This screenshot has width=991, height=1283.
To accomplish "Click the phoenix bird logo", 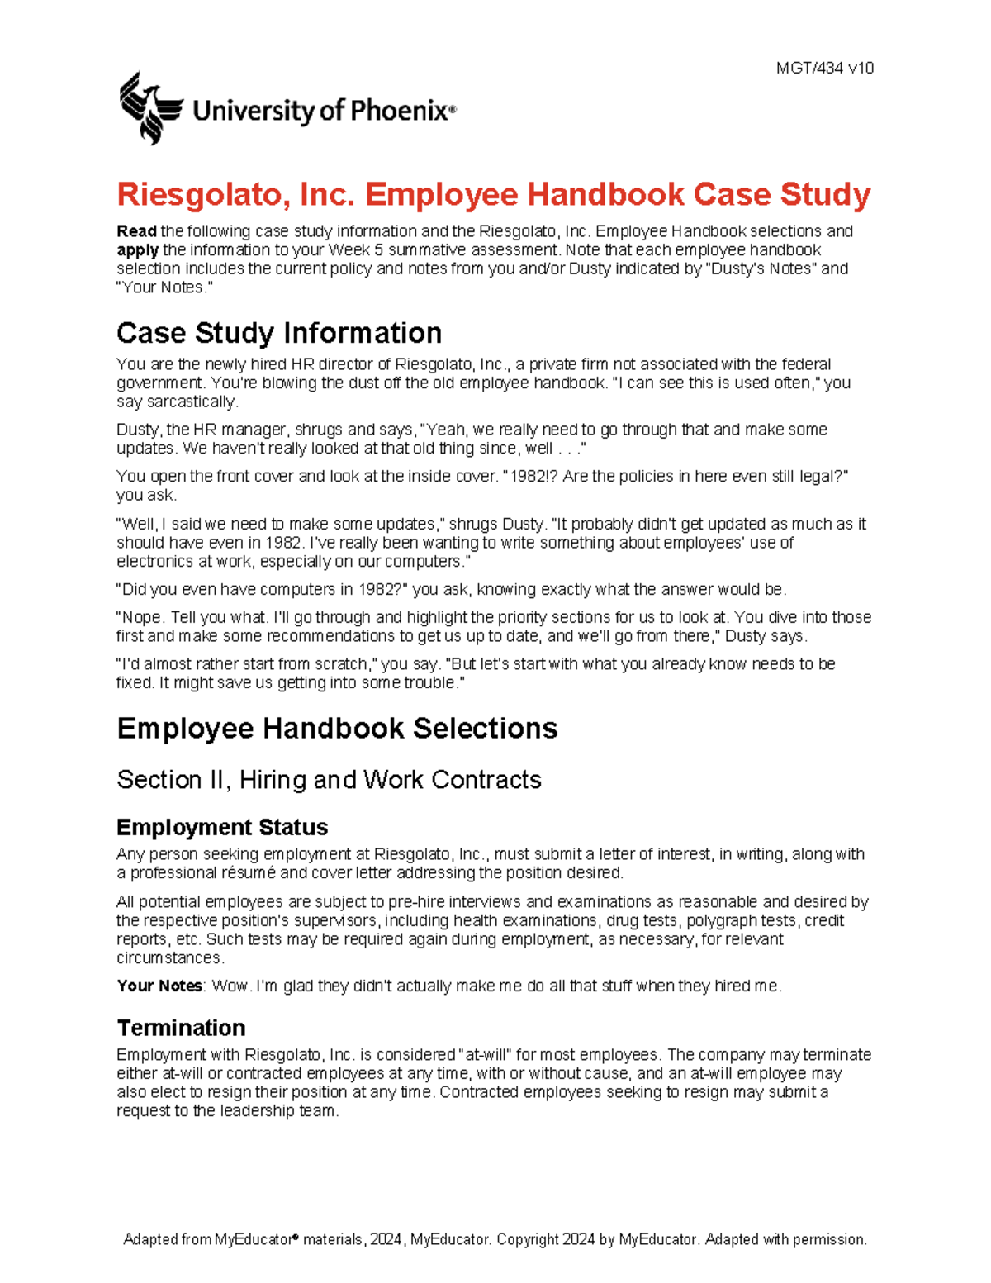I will [x=149, y=107].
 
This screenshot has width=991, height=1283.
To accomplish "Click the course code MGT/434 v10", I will [x=824, y=69].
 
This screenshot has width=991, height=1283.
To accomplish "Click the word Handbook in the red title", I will [x=605, y=195].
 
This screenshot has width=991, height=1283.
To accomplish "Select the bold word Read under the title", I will [x=136, y=231].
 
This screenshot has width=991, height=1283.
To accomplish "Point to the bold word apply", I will [x=137, y=250].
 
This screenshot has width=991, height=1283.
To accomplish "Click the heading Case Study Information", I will [x=278, y=333].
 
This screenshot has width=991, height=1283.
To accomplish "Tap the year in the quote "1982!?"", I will [x=525, y=477].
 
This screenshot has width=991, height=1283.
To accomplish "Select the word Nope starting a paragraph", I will [x=141, y=618].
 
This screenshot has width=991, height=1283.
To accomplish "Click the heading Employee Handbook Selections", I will [x=337, y=729].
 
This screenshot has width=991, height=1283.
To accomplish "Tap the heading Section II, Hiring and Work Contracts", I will [x=329, y=780].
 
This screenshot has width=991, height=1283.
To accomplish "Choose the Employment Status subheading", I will [x=221, y=828].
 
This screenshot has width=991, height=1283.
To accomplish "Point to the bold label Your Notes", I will [x=159, y=986].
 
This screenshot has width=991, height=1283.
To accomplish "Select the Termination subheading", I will [x=181, y=1028].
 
